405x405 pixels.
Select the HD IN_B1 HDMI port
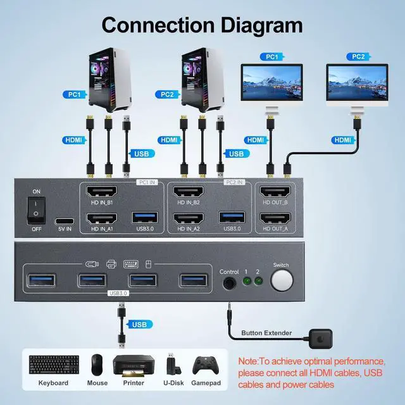point(101,193)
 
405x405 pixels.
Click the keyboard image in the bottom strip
point(53,364)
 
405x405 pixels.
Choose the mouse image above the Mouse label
point(97,364)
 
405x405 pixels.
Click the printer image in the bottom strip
point(134,365)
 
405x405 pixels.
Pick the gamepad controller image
point(205,365)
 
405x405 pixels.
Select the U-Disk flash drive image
point(171,364)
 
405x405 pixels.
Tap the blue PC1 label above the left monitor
point(271,57)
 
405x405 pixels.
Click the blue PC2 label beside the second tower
point(167,94)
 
